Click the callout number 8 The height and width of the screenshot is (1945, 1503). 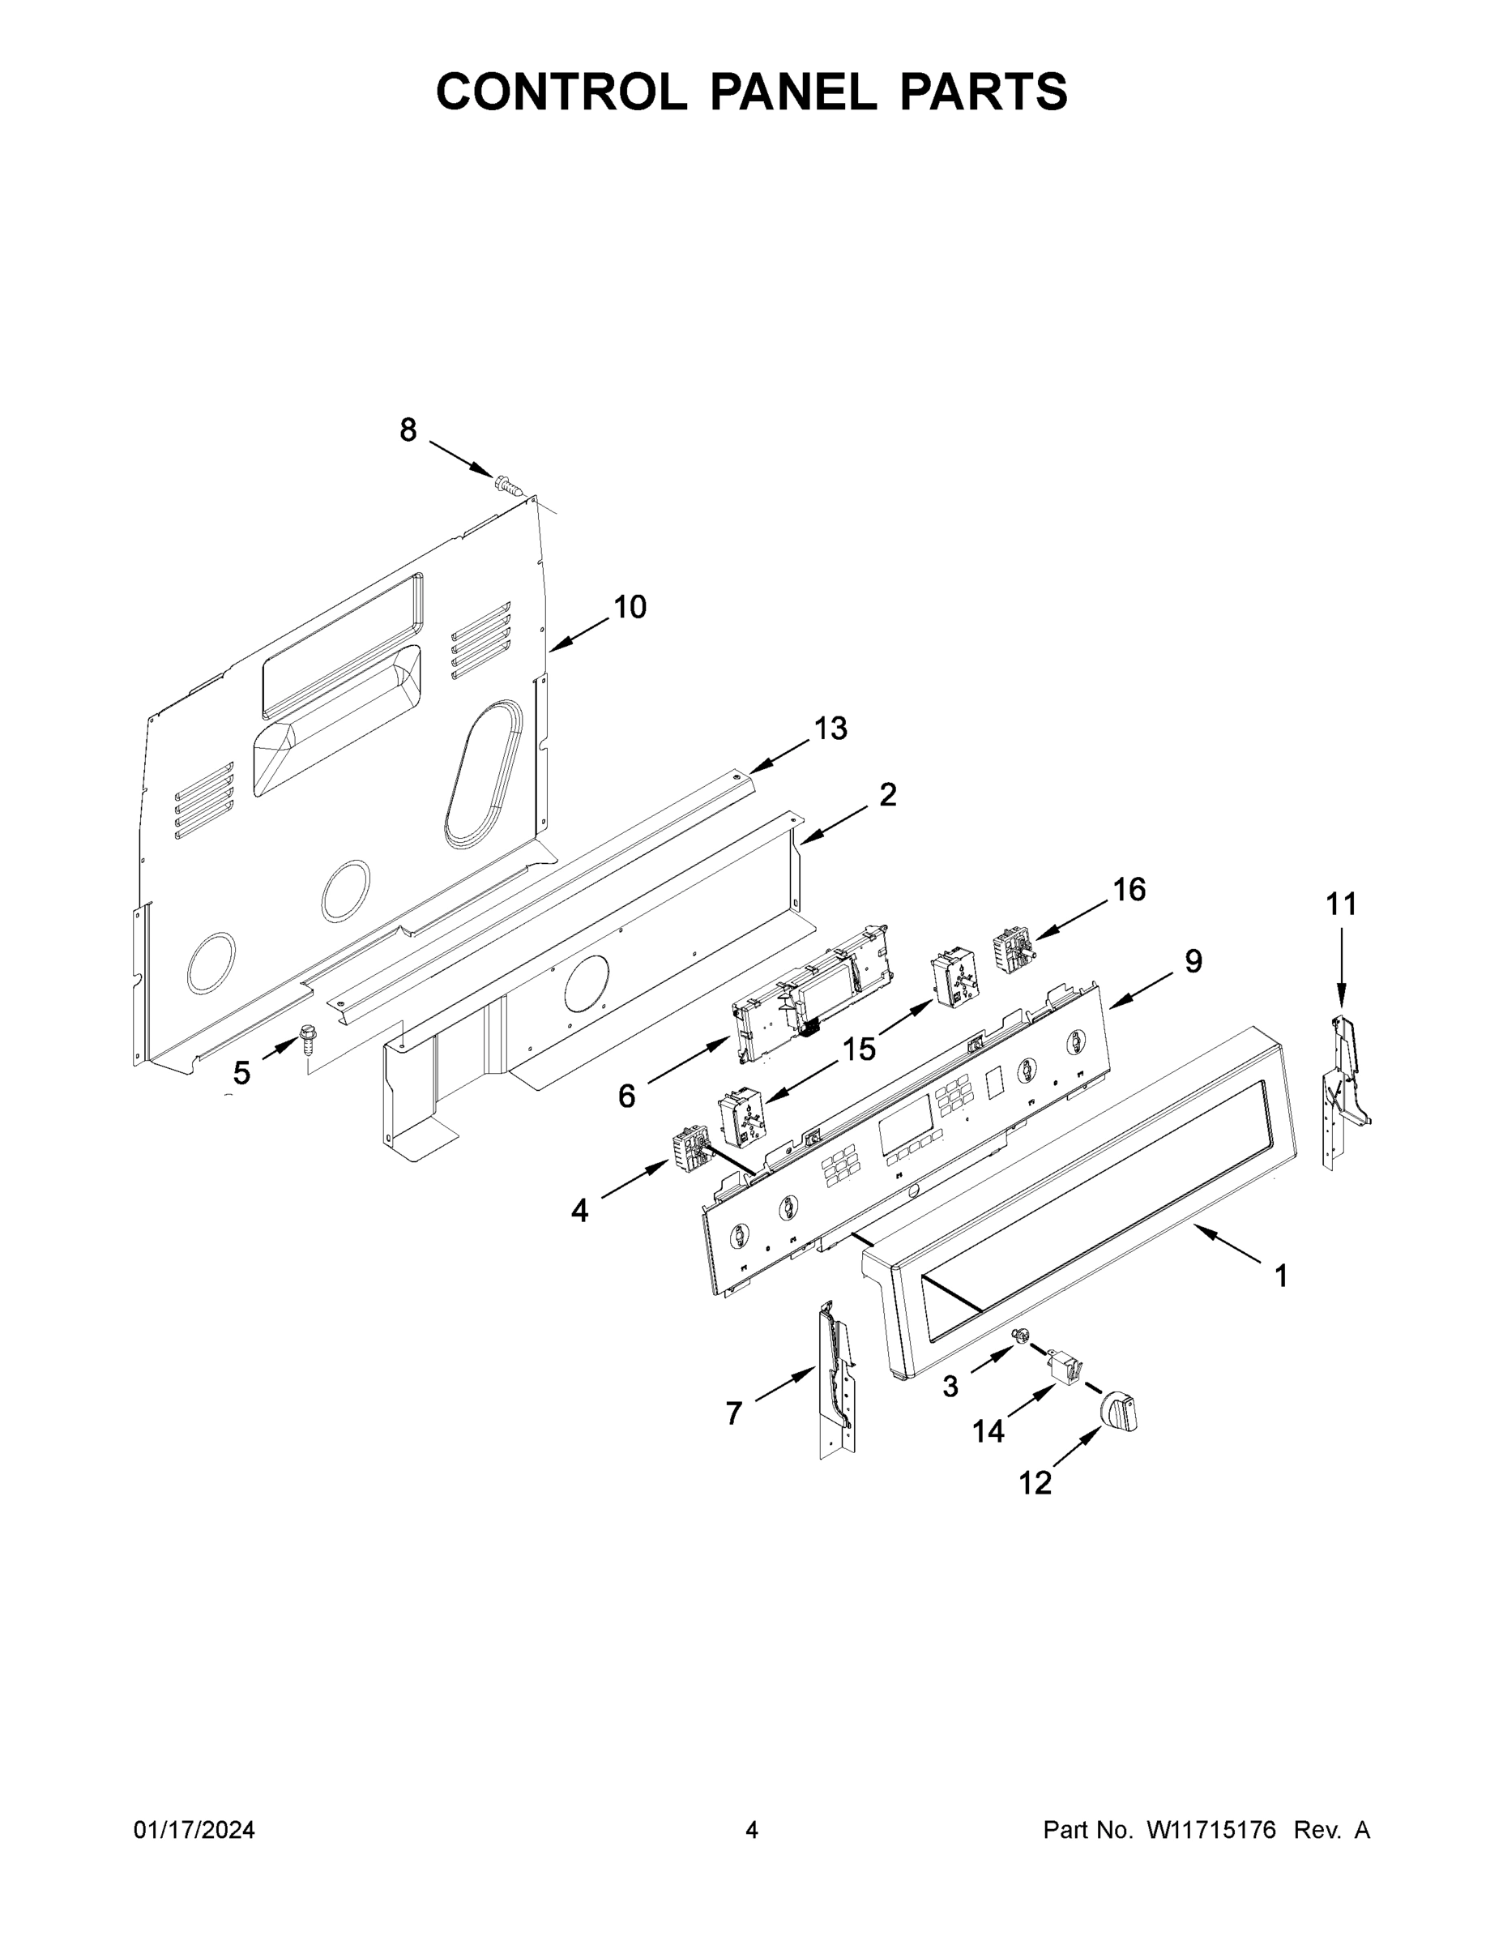coord(408,430)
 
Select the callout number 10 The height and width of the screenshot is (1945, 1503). coord(630,607)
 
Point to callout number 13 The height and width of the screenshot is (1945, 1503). coord(830,729)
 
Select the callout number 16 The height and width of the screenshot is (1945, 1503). coord(1129,889)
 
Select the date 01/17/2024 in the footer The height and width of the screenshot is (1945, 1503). coord(194,1830)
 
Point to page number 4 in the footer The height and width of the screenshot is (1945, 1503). coord(752,1830)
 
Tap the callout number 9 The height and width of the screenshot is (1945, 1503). coord(1193,961)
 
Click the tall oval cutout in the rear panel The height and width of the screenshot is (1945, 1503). coord(484,774)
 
